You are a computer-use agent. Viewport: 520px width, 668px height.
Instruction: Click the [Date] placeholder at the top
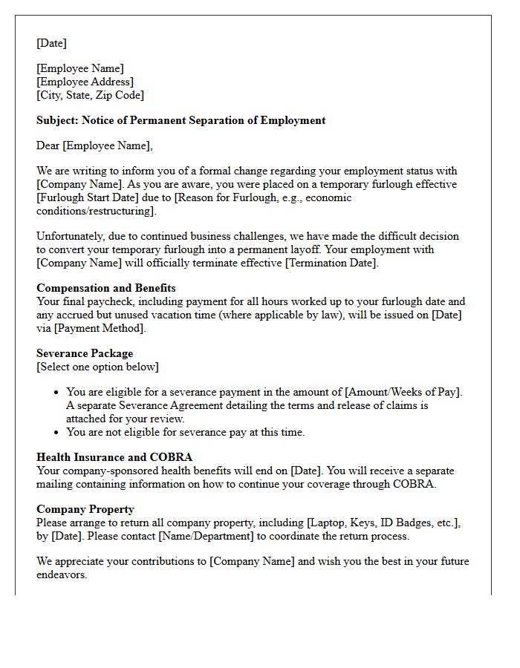[51, 43]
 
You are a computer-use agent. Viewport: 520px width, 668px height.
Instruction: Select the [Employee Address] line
[85, 82]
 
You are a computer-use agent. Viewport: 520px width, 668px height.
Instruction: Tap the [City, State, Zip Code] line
[90, 95]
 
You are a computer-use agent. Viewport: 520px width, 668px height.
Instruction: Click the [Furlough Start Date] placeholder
[84, 197]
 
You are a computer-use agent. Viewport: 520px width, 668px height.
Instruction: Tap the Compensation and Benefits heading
[105, 288]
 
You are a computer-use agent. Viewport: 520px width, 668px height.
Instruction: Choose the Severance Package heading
[85, 353]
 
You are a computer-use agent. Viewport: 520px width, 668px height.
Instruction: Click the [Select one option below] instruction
[97, 367]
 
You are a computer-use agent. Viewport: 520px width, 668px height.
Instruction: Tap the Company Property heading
[85, 509]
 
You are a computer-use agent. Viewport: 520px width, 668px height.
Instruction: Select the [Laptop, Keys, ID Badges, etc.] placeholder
[383, 523]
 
